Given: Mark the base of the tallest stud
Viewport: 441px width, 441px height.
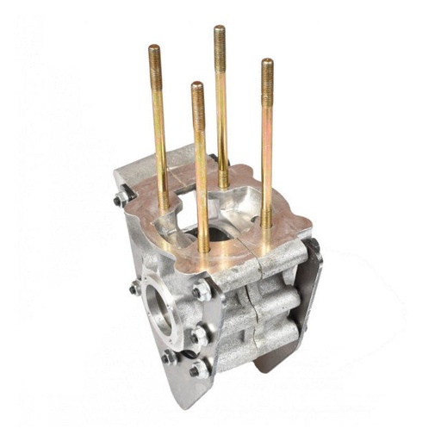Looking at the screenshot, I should tap(223, 183).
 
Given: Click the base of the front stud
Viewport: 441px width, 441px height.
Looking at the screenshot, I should tap(203, 250).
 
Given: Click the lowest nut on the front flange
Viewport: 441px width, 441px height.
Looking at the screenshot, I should tap(198, 370).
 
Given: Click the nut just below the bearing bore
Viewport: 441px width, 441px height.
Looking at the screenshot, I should tap(170, 355).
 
